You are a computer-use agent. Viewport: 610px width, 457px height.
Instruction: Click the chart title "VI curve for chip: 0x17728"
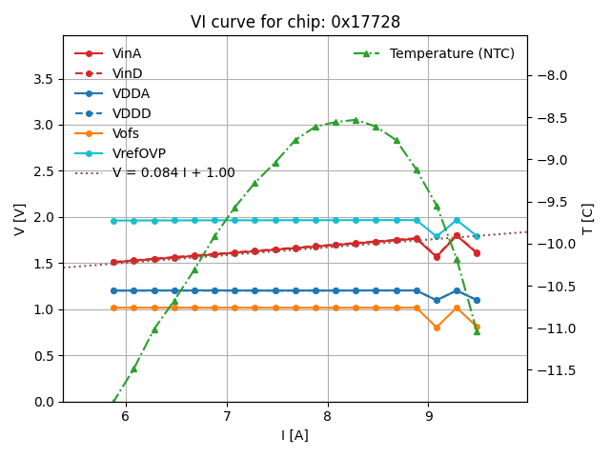295,22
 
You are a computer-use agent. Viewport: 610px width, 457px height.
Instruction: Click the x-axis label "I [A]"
295,435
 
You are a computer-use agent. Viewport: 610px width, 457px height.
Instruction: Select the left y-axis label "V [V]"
20,219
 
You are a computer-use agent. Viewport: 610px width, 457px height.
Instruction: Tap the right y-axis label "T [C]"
587,219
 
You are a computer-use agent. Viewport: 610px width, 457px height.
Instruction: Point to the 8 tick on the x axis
328,416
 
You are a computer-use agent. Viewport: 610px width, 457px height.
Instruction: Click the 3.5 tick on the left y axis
42,79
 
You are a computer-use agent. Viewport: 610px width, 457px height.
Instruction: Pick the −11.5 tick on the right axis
556,370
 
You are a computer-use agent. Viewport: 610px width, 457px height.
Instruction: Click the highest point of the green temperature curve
356,120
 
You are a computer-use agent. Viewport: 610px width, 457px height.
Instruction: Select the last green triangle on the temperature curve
477,331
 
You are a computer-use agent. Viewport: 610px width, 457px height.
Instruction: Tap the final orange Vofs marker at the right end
477,327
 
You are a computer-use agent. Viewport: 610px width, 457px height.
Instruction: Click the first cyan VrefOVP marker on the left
113,221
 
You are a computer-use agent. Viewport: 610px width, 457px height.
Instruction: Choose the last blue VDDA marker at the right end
477,300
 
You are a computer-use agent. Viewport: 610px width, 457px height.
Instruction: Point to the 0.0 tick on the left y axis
42,402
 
